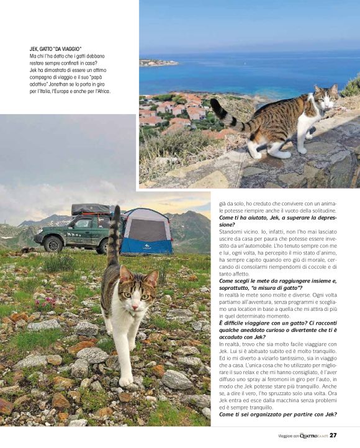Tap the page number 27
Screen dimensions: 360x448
(x=333, y=435)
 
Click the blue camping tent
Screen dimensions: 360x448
(x=146, y=231)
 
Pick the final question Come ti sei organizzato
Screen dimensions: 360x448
(x=277, y=414)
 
